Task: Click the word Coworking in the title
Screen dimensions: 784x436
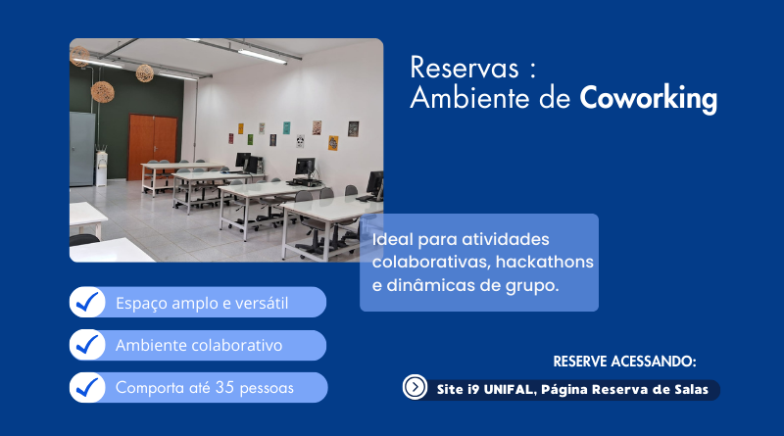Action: (x=649, y=99)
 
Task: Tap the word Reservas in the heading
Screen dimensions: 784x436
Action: (x=465, y=68)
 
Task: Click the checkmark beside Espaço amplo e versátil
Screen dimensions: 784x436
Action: (x=87, y=302)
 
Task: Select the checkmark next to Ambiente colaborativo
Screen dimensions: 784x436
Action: (x=87, y=345)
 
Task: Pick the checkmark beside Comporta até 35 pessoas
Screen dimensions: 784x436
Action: (x=87, y=387)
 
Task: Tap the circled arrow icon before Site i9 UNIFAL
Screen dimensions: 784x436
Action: (x=415, y=386)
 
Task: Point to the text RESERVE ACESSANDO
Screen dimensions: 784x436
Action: (x=624, y=362)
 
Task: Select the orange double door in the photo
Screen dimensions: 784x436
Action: (x=153, y=148)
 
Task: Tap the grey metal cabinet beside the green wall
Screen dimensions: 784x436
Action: (x=82, y=149)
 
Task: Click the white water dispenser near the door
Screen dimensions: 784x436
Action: (x=102, y=168)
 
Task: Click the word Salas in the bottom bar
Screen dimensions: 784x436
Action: (x=692, y=390)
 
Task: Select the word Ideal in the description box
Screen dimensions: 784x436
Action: (x=393, y=239)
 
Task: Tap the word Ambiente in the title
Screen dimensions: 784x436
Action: (x=469, y=98)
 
